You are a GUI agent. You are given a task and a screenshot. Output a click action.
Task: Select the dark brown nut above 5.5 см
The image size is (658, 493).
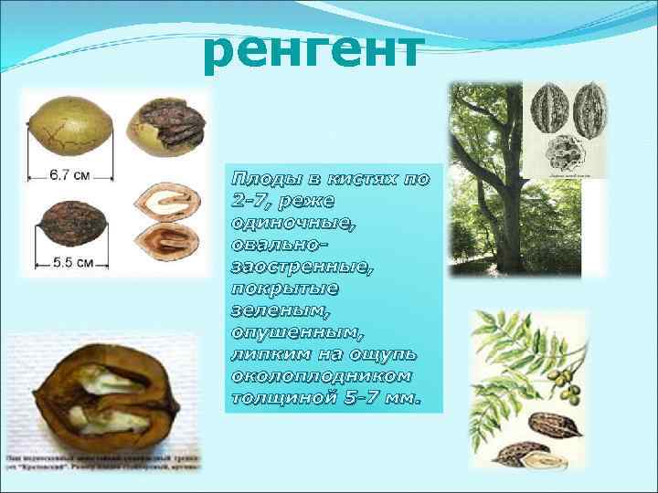[x=70, y=224]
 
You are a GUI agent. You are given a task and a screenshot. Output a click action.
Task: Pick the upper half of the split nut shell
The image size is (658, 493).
[x=166, y=203]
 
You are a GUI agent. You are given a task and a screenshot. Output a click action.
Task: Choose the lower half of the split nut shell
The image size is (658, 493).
[x=164, y=242]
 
